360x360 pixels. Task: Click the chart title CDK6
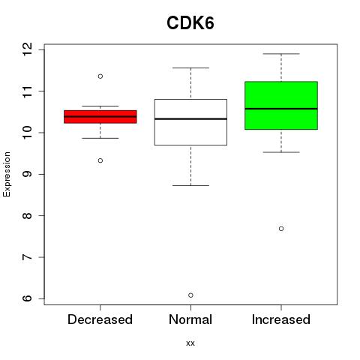click(190, 22)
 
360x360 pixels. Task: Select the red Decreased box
click(100, 117)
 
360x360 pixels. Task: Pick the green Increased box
click(281, 106)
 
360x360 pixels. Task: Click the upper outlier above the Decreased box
click(100, 76)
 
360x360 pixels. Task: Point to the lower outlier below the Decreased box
click(100, 160)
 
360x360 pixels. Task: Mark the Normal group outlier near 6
click(190, 295)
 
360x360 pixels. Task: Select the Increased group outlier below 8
click(281, 229)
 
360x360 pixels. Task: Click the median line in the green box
click(281, 109)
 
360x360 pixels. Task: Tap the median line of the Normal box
click(190, 118)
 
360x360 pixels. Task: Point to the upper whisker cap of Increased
click(281, 54)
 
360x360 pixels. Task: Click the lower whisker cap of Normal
click(190, 185)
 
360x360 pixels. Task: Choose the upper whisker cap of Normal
click(190, 67)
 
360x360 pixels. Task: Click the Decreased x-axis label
click(100, 319)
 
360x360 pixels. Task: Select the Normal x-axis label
click(190, 319)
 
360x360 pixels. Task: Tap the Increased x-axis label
click(281, 319)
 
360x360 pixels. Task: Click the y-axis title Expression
click(7, 174)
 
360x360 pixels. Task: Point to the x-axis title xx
click(190, 343)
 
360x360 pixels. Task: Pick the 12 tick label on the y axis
click(28, 49)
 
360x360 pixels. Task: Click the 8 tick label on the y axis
click(28, 215)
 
